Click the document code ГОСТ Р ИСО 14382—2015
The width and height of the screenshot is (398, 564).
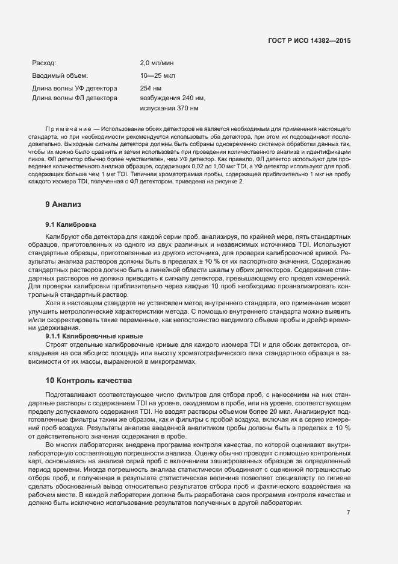click(309, 40)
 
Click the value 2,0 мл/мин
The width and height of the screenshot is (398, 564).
click(157, 62)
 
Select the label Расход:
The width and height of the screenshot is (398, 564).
click(44, 62)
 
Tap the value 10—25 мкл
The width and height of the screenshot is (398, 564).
click(157, 75)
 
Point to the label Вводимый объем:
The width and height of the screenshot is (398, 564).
click(60, 75)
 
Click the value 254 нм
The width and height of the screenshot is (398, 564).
click(151, 88)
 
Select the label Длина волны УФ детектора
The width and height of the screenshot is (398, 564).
click(74, 88)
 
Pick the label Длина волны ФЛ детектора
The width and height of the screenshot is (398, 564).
click(74, 98)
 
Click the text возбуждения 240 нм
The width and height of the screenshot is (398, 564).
click(172, 98)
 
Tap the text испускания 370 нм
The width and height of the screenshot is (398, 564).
click(169, 109)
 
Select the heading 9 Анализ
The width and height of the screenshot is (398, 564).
click(63, 204)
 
